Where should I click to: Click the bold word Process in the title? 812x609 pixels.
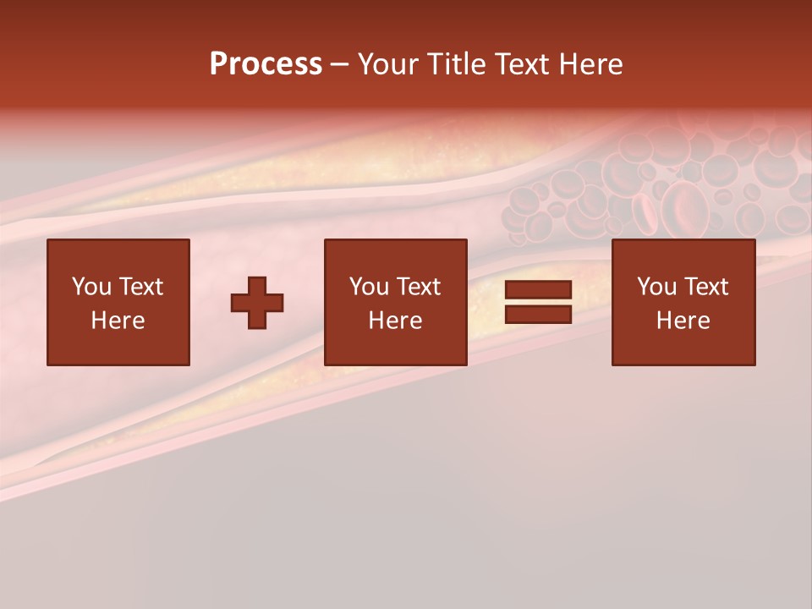click(x=266, y=64)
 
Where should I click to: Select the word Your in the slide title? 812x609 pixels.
click(x=386, y=64)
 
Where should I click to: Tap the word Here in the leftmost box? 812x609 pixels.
click(x=118, y=321)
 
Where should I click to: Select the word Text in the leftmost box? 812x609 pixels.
click(x=140, y=287)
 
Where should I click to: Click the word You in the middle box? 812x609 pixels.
click(x=369, y=287)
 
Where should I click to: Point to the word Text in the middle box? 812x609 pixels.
click(x=417, y=287)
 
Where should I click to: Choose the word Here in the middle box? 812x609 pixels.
click(x=395, y=321)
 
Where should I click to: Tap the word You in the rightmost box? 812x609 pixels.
click(x=656, y=287)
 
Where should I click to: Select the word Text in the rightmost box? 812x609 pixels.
click(x=705, y=287)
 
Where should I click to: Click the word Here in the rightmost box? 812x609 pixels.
click(x=683, y=321)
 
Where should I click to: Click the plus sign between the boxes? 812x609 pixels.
click(x=257, y=303)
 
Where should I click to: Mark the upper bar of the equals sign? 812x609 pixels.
click(x=538, y=290)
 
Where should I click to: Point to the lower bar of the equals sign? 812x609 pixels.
click(x=538, y=314)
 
